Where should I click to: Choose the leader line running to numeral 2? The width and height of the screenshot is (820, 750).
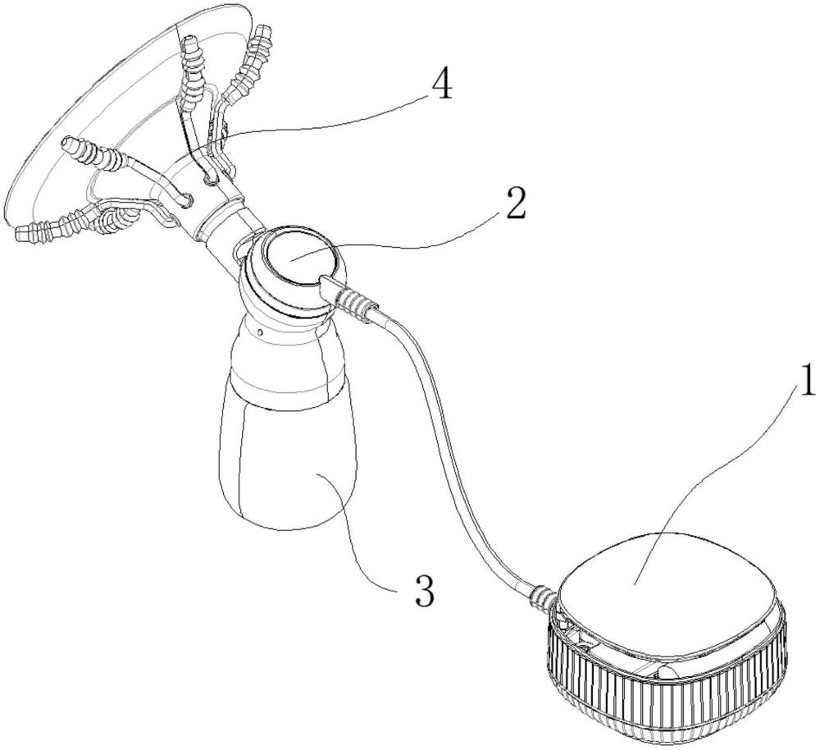tap(410, 238)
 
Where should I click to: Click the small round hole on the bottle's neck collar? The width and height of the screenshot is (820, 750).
tap(259, 333)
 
